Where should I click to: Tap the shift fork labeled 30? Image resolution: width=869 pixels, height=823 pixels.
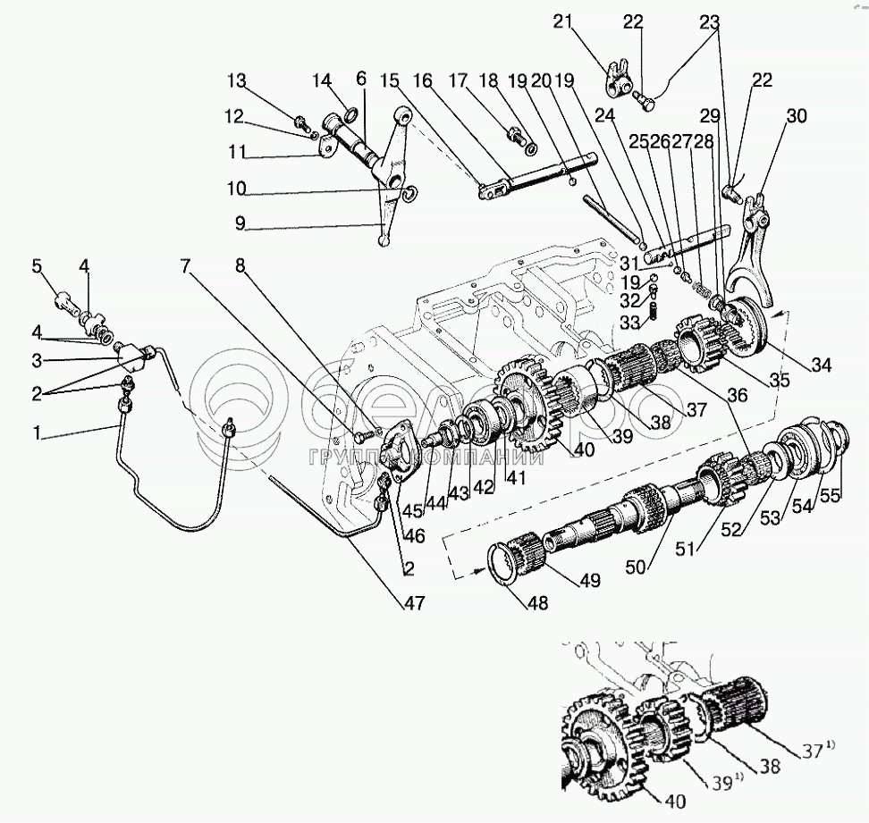click(x=747, y=259)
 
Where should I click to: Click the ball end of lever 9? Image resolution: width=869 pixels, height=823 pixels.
click(x=384, y=240)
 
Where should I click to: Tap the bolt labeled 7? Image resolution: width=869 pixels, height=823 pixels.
click(x=360, y=437)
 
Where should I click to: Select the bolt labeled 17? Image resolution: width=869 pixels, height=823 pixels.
click(x=516, y=137)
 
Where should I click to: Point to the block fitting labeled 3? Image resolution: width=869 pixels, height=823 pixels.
click(x=133, y=357)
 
